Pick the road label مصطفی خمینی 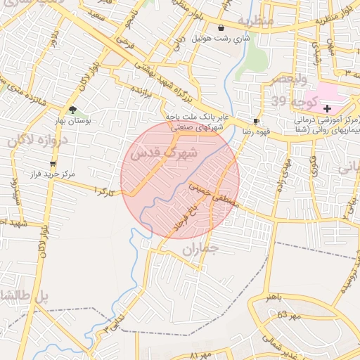pyautogui.click(x=215, y=194)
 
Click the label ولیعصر pyautogui.click(x=285, y=77)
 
